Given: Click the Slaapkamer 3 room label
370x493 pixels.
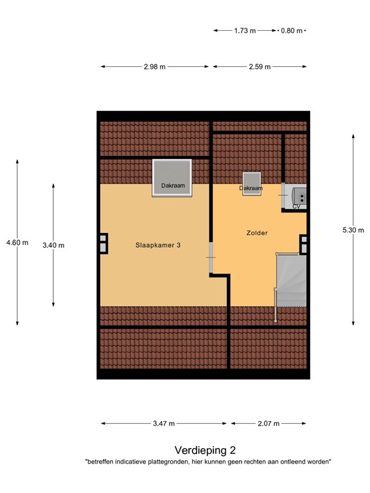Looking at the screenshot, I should (x=157, y=245).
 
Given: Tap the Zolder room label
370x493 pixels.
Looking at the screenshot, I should (x=256, y=232).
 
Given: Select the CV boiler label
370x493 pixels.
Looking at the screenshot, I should (x=296, y=207).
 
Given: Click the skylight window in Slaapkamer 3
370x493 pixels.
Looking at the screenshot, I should (x=173, y=177).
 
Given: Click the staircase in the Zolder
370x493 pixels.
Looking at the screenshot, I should (x=290, y=280).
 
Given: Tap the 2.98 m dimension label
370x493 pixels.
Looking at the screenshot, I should (x=154, y=67).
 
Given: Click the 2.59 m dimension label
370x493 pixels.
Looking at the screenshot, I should (x=260, y=67).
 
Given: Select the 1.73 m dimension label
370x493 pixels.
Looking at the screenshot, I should (x=245, y=30).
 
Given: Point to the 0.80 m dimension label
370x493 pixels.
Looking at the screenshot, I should (x=291, y=30).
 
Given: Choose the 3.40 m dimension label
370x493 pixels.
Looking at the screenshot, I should (x=53, y=245).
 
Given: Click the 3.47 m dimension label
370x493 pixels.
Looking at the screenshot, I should (x=164, y=424).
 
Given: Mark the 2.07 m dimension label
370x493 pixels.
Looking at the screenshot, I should (x=268, y=424).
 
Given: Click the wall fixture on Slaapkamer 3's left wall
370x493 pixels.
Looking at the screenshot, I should (x=102, y=243).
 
